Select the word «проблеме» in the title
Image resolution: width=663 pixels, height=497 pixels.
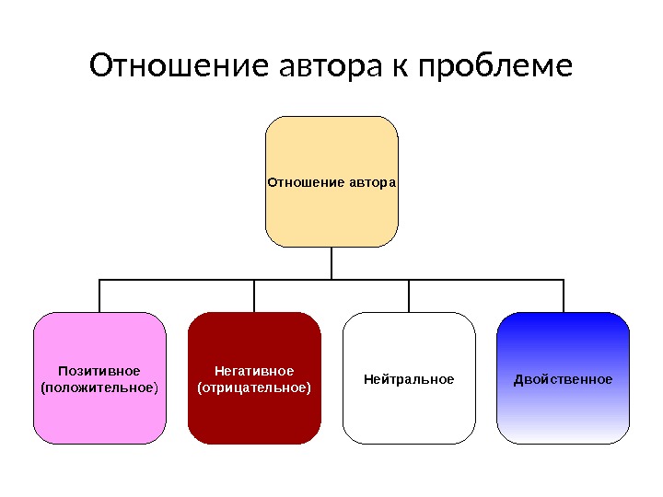click(x=495, y=66)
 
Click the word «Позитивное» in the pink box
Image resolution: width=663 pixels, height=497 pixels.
click(x=99, y=371)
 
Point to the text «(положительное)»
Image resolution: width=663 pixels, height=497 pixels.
click(x=99, y=387)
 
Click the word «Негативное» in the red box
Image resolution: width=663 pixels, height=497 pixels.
click(x=254, y=371)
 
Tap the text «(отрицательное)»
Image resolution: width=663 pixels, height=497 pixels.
click(x=254, y=387)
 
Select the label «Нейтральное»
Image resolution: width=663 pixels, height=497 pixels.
click(x=409, y=379)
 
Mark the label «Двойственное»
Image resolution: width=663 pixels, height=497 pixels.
click(x=563, y=379)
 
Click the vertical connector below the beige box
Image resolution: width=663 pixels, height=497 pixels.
click(x=331, y=263)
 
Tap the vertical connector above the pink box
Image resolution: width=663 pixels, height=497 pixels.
click(x=99, y=295)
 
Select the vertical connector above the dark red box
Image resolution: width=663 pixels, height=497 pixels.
click(x=254, y=295)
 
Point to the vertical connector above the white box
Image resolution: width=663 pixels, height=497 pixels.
click(x=409, y=295)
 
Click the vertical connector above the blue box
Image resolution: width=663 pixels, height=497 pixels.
click(x=563, y=295)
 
